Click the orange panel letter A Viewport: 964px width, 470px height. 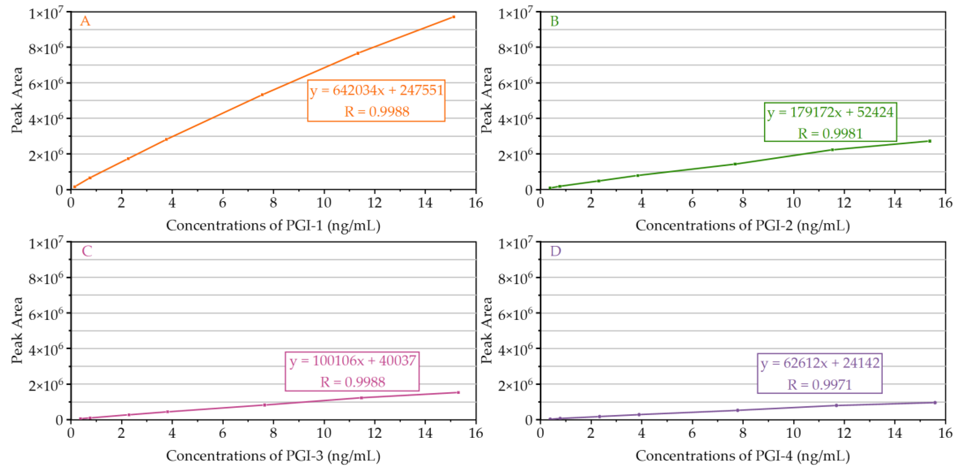tap(85, 21)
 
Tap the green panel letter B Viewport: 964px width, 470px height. tap(554, 21)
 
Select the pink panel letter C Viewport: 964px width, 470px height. tap(87, 251)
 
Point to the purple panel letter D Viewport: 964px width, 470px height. tap(555, 251)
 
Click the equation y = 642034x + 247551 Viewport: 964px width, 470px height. tap(376, 90)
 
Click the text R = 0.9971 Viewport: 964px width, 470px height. tap(819, 385)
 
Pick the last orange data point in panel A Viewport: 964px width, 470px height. tap(454, 17)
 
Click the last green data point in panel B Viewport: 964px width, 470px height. tap(930, 141)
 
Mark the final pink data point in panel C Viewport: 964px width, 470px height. tap(458, 393)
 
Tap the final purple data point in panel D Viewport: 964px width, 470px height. tap(935, 403)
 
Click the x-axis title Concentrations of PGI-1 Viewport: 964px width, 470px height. tap(273, 226)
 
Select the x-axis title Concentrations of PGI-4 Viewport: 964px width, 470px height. tap(742, 456)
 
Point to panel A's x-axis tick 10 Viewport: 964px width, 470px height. tap(324, 203)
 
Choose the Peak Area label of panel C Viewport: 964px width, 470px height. tap(17, 330)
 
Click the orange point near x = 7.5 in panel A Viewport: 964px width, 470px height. tap(262, 95)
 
